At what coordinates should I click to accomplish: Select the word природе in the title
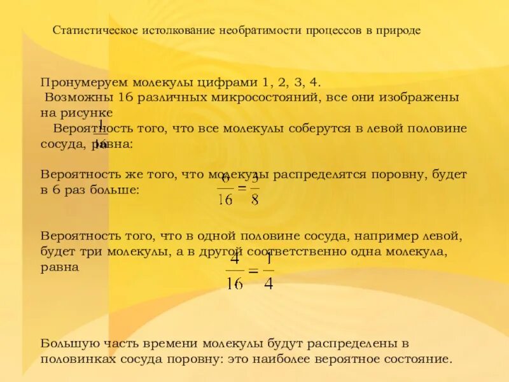point(399,31)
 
